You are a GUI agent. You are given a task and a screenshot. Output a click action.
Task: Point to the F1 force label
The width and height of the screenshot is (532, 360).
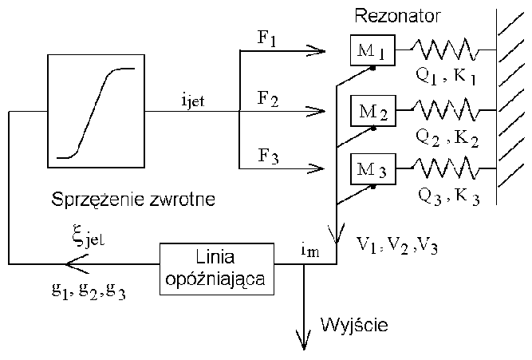(267, 40)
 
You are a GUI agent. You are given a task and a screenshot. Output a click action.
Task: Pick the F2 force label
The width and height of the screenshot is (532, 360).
(267, 100)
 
